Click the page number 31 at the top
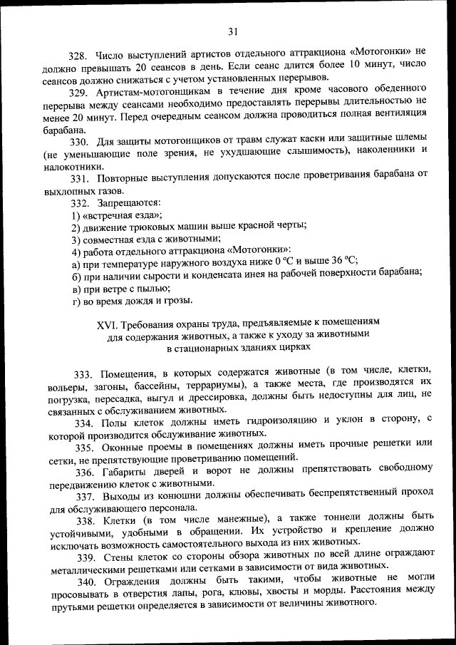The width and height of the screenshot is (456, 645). tap(232, 30)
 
